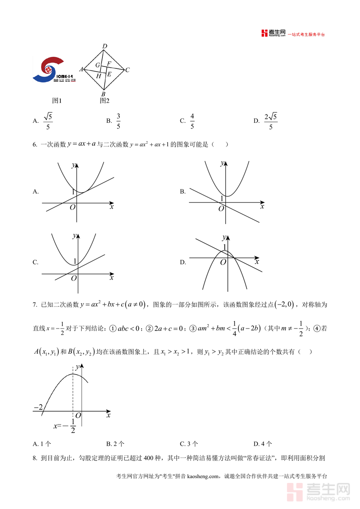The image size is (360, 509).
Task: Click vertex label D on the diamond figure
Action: click(105, 46)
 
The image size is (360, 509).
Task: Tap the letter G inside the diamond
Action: click(97, 65)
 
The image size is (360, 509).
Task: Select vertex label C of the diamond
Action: click(127, 70)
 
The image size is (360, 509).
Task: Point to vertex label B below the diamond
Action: click(103, 94)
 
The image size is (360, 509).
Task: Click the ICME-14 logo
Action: click(54, 70)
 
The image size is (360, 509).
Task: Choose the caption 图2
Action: click(104, 101)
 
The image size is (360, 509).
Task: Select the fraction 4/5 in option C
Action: click(192, 121)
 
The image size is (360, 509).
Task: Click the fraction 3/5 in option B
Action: click(118, 121)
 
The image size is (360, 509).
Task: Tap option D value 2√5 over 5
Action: click(271, 121)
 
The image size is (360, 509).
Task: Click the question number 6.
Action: click(35, 145)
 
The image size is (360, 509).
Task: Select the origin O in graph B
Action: click(221, 208)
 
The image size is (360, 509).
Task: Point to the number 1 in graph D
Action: click(224, 247)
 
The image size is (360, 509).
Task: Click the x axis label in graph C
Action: click(112, 277)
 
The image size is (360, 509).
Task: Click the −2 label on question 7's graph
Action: click(38, 407)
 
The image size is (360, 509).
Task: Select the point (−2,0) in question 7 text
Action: click(284, 305)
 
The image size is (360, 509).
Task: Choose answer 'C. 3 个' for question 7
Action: click(189, 444)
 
